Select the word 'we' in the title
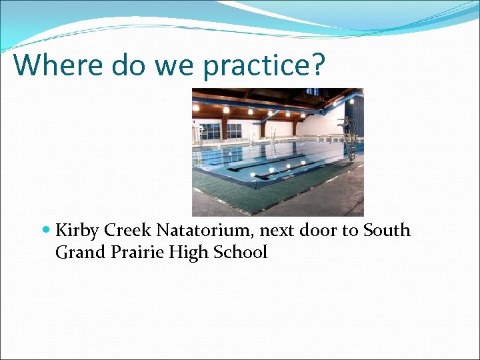coord(175,65)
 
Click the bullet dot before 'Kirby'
coord(45,231)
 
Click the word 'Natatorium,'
coord(205,231)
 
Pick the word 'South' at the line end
coord(387,231)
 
